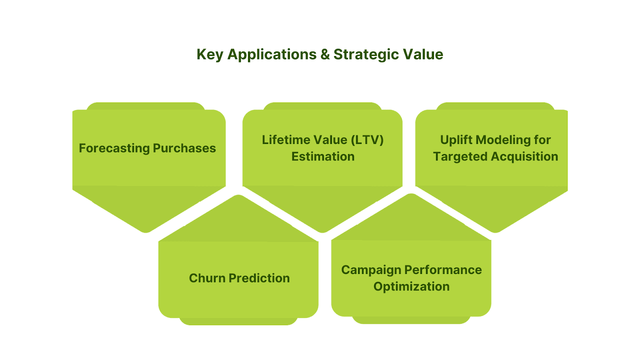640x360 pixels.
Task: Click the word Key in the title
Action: tap(210, 55)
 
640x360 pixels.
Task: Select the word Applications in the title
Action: tap(272, 55)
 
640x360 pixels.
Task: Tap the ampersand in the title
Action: tap(325, 55)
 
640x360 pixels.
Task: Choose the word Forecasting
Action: tap(114, 148)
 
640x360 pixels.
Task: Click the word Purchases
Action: tap(184, 148)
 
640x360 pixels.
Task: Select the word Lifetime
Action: tap(284, 140)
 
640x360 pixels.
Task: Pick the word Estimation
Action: tap(323, 156)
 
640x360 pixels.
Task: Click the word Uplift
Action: tap(456, 140)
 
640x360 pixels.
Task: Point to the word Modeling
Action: tap(502, 140)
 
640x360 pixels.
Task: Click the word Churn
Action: tap(207, 278)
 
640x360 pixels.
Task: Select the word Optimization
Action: tap(411, 286)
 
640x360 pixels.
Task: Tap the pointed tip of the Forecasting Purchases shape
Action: tap(146, 231)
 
